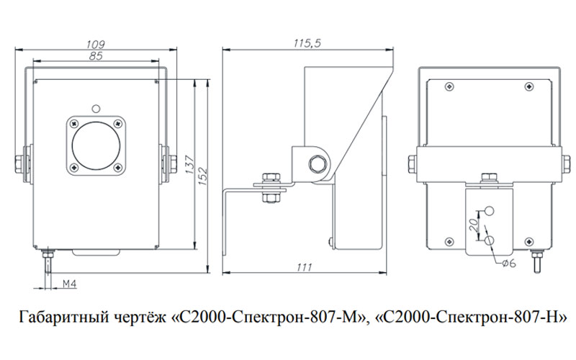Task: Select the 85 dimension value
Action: tap(94, 55)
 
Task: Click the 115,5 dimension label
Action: tap(307, 44)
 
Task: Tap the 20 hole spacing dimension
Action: tap(474, 222)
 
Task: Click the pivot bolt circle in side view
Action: tap(315, 163)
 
